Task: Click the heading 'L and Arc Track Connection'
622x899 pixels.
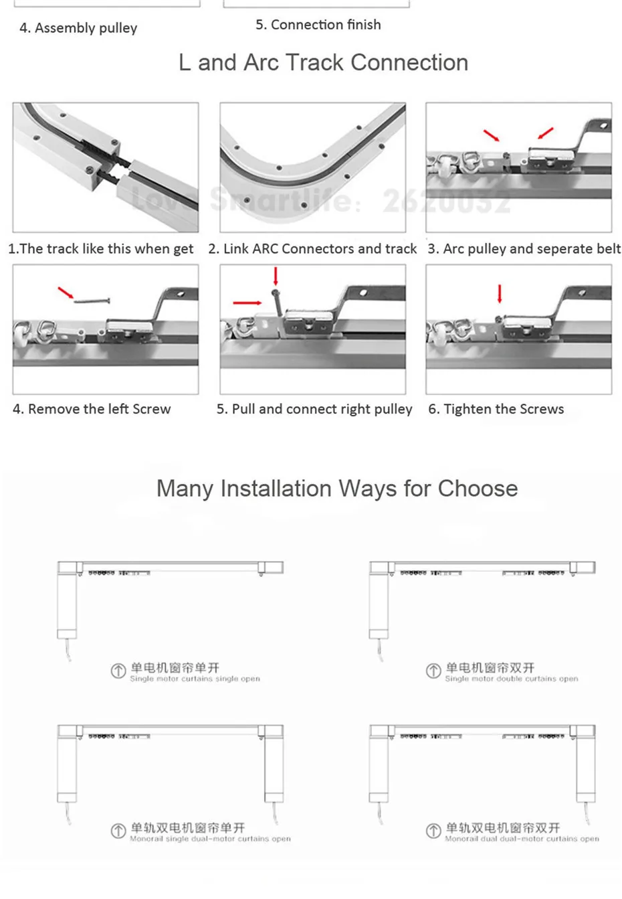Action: [323, 62]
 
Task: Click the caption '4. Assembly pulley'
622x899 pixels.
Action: [78, 28]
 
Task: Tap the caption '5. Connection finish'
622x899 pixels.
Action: [318, 25]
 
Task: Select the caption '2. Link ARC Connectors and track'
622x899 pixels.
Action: [312, 249]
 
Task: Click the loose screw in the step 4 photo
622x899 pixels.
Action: [92, 301]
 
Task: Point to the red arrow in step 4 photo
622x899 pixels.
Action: [66, 293]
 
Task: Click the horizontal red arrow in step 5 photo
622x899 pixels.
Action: [247, 303]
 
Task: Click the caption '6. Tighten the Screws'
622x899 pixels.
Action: [496, 409]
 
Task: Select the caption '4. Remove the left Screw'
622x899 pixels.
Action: [92, 409]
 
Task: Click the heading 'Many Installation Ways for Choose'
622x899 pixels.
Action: [336, 489]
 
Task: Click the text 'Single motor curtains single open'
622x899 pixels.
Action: [195, 679]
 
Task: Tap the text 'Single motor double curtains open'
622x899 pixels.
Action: [512, 679]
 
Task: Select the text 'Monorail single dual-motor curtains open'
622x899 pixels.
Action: [210, 839]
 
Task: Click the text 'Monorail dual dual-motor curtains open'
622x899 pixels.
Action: [522, 839]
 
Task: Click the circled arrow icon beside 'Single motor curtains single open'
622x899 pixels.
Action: [118, 671]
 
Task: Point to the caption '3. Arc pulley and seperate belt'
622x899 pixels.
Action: [524, 249]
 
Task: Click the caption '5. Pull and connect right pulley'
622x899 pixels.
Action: [314, 409]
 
